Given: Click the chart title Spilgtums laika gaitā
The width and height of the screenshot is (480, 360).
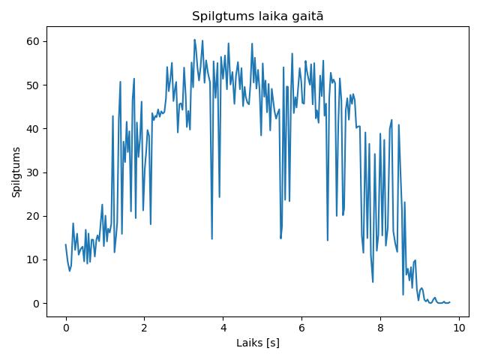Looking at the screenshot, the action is click(x=257, y=16).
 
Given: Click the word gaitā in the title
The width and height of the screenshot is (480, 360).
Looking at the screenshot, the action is click(x=307, y=16).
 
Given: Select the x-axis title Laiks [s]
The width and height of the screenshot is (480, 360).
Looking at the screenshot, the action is click(x=258, y=343).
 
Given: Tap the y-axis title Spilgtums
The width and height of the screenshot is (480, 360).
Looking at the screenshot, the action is click(x=16, y=172).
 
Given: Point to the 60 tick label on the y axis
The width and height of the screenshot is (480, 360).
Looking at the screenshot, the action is click(x=33, y=41).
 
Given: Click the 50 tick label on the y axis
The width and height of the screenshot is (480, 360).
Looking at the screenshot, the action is click(x=33, y=85).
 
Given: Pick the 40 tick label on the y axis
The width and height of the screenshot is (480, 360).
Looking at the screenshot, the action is click(x=33, y=129).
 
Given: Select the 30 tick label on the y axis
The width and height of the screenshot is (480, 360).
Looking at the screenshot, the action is click(x=33, y=172).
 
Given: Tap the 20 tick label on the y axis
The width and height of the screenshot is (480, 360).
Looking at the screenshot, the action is click(x=33, y=216).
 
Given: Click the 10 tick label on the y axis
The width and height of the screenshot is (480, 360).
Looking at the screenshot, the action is click(x=33, y=260).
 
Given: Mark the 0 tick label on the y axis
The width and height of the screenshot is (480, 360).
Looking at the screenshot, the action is click(x=37, y=304).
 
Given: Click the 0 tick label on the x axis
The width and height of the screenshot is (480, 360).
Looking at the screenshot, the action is click(x=66, y=328).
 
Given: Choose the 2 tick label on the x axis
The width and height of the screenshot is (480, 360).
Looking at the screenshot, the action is click(x=144, y=328).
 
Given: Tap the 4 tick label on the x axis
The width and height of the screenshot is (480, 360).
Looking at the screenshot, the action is click(x=223, y=328).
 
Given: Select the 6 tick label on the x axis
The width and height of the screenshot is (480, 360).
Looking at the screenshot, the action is click(x=301, y=328).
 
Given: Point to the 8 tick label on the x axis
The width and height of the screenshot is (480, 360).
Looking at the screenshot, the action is click(x=380, y=328).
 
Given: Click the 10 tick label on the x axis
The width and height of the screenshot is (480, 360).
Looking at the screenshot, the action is click(x=459, y=328).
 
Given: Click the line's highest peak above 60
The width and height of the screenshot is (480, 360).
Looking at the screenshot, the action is click(x=194, y=40).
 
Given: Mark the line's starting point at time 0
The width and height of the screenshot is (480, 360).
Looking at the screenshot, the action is click(x=66, y=244).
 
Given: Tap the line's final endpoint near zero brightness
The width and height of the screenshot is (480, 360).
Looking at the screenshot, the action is click(x=450, y=302).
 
